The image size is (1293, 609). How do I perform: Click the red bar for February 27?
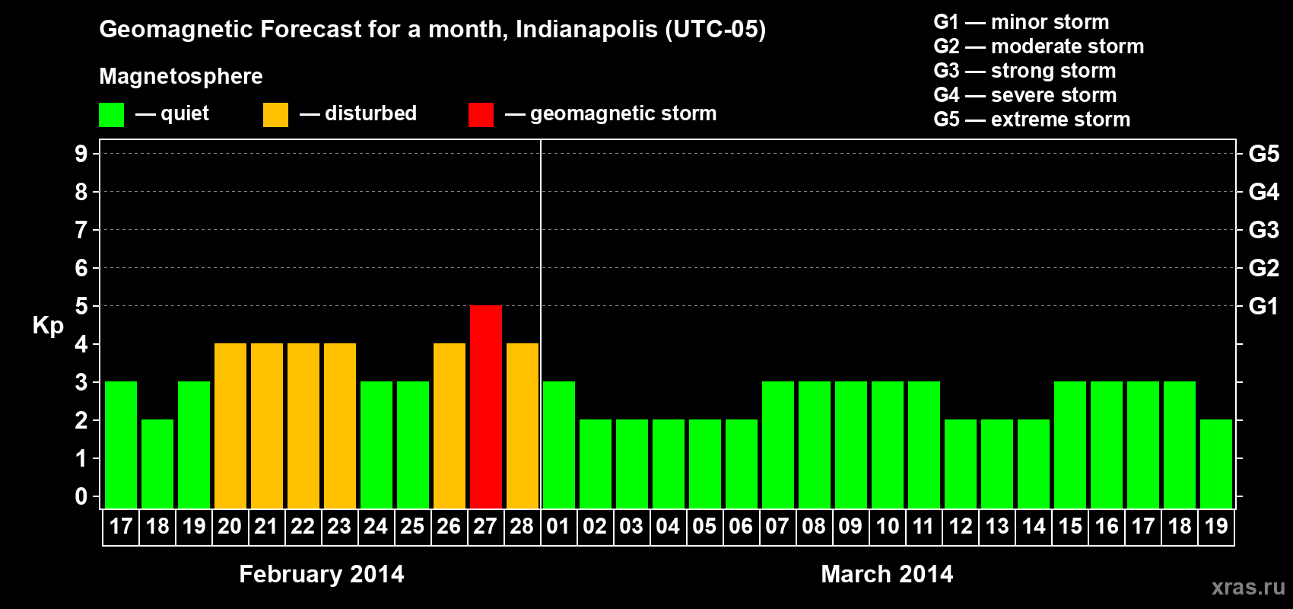[x=486, y=407]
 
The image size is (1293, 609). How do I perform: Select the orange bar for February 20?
[x=230, y=426]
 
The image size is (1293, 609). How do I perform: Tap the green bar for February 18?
[x=157, y=464]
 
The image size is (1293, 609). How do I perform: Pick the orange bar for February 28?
[x=523, y=426]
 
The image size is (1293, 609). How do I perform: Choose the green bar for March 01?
[x=559, y=445]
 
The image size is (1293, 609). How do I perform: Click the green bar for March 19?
[x=1216, y=464]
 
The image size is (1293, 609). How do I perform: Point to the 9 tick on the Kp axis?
[x=81, y=154]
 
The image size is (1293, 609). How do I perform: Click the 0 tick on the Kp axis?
[x=81, y=496]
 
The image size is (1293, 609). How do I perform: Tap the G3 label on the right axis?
[x=1263, y=230]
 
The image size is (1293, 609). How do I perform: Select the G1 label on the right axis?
[x=1263, y=306]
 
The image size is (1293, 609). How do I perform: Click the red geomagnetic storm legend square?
[x=481, y=115]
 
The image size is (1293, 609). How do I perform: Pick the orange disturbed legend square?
[x=275, y=115]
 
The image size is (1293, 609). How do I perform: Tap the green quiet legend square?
[x=111, y=115]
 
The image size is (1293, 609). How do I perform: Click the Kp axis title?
[x=48, y=325]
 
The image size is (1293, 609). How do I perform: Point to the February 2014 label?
[x=322, y=574]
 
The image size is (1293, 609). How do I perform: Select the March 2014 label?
[x=887, y=574]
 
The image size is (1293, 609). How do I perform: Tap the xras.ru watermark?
[x=1248, y=587]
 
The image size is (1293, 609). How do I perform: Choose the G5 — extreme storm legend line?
[x=1032, y=120]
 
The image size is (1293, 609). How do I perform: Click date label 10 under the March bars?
[x=888, y=526]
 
